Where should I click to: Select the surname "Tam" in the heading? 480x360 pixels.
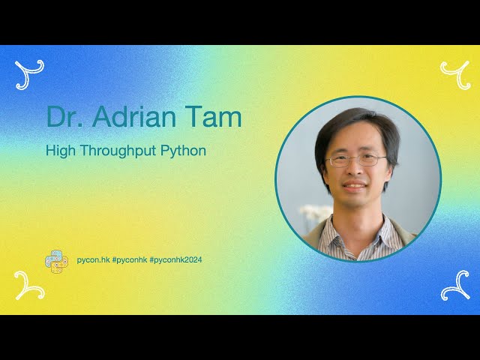tap(217, 116)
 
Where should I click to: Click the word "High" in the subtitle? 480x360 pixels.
tap(59, 151)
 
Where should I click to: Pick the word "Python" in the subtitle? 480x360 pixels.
tap(184, 151)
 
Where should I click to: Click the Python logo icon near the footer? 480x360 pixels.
tap(56, 260)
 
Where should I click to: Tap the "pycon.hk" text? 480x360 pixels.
tap(93, 259)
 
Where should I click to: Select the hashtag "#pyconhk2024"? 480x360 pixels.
tap(175, 259)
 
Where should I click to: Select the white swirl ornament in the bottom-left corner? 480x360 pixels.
tap(29, 286)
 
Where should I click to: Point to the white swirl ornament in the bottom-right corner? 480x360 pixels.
tap(454, 286)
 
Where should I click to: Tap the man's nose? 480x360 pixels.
tap(354, 172)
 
